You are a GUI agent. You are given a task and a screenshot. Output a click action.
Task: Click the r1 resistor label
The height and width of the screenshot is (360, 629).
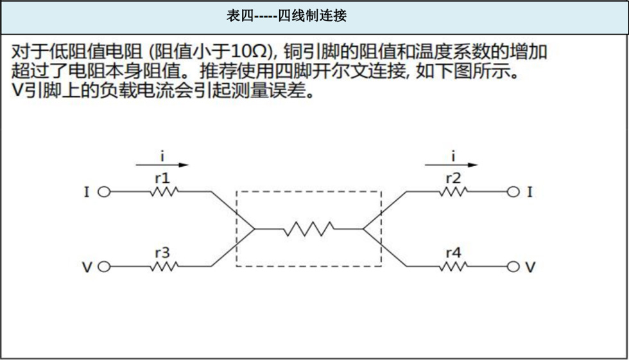(162, 178)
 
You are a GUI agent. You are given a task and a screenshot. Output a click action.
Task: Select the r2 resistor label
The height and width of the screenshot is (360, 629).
(453, 178)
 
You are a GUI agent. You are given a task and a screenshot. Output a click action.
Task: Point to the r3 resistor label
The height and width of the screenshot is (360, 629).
(162, 253)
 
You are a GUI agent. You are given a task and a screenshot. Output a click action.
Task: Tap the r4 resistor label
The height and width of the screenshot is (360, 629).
(453, 253)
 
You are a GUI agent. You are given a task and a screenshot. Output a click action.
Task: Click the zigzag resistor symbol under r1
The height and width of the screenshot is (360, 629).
(164, 192)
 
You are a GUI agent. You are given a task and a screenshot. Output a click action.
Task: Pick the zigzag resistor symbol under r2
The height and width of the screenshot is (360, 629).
(453, 192)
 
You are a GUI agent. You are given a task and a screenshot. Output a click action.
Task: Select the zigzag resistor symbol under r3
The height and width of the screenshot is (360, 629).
(164, 266)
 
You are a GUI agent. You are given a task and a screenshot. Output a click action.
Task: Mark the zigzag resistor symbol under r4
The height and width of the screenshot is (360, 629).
(453, 266)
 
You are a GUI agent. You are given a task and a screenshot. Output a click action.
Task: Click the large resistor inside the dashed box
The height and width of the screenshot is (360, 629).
(309, 229)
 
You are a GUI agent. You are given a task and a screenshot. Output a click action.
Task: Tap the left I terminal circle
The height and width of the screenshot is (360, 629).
(104, 192)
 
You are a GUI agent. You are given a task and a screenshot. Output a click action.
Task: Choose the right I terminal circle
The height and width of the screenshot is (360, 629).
(513, 192)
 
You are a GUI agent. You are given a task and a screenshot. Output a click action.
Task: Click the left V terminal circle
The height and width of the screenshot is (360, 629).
(104, 266)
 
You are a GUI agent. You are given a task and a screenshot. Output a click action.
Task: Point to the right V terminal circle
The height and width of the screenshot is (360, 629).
(513, 266)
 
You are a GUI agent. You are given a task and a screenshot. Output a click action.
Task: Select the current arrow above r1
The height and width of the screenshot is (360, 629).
(162, 165)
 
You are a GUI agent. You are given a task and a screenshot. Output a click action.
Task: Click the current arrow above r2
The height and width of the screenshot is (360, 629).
(451, 165)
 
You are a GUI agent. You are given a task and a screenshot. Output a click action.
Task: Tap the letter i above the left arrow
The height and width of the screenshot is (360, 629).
(162, 155)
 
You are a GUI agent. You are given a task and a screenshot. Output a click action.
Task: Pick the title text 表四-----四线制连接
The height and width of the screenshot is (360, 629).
(286, 16)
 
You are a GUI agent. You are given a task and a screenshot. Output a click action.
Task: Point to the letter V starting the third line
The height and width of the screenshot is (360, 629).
(17, 91)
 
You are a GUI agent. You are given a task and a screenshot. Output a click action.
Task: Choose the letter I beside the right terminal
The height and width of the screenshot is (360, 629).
(530, 192)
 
